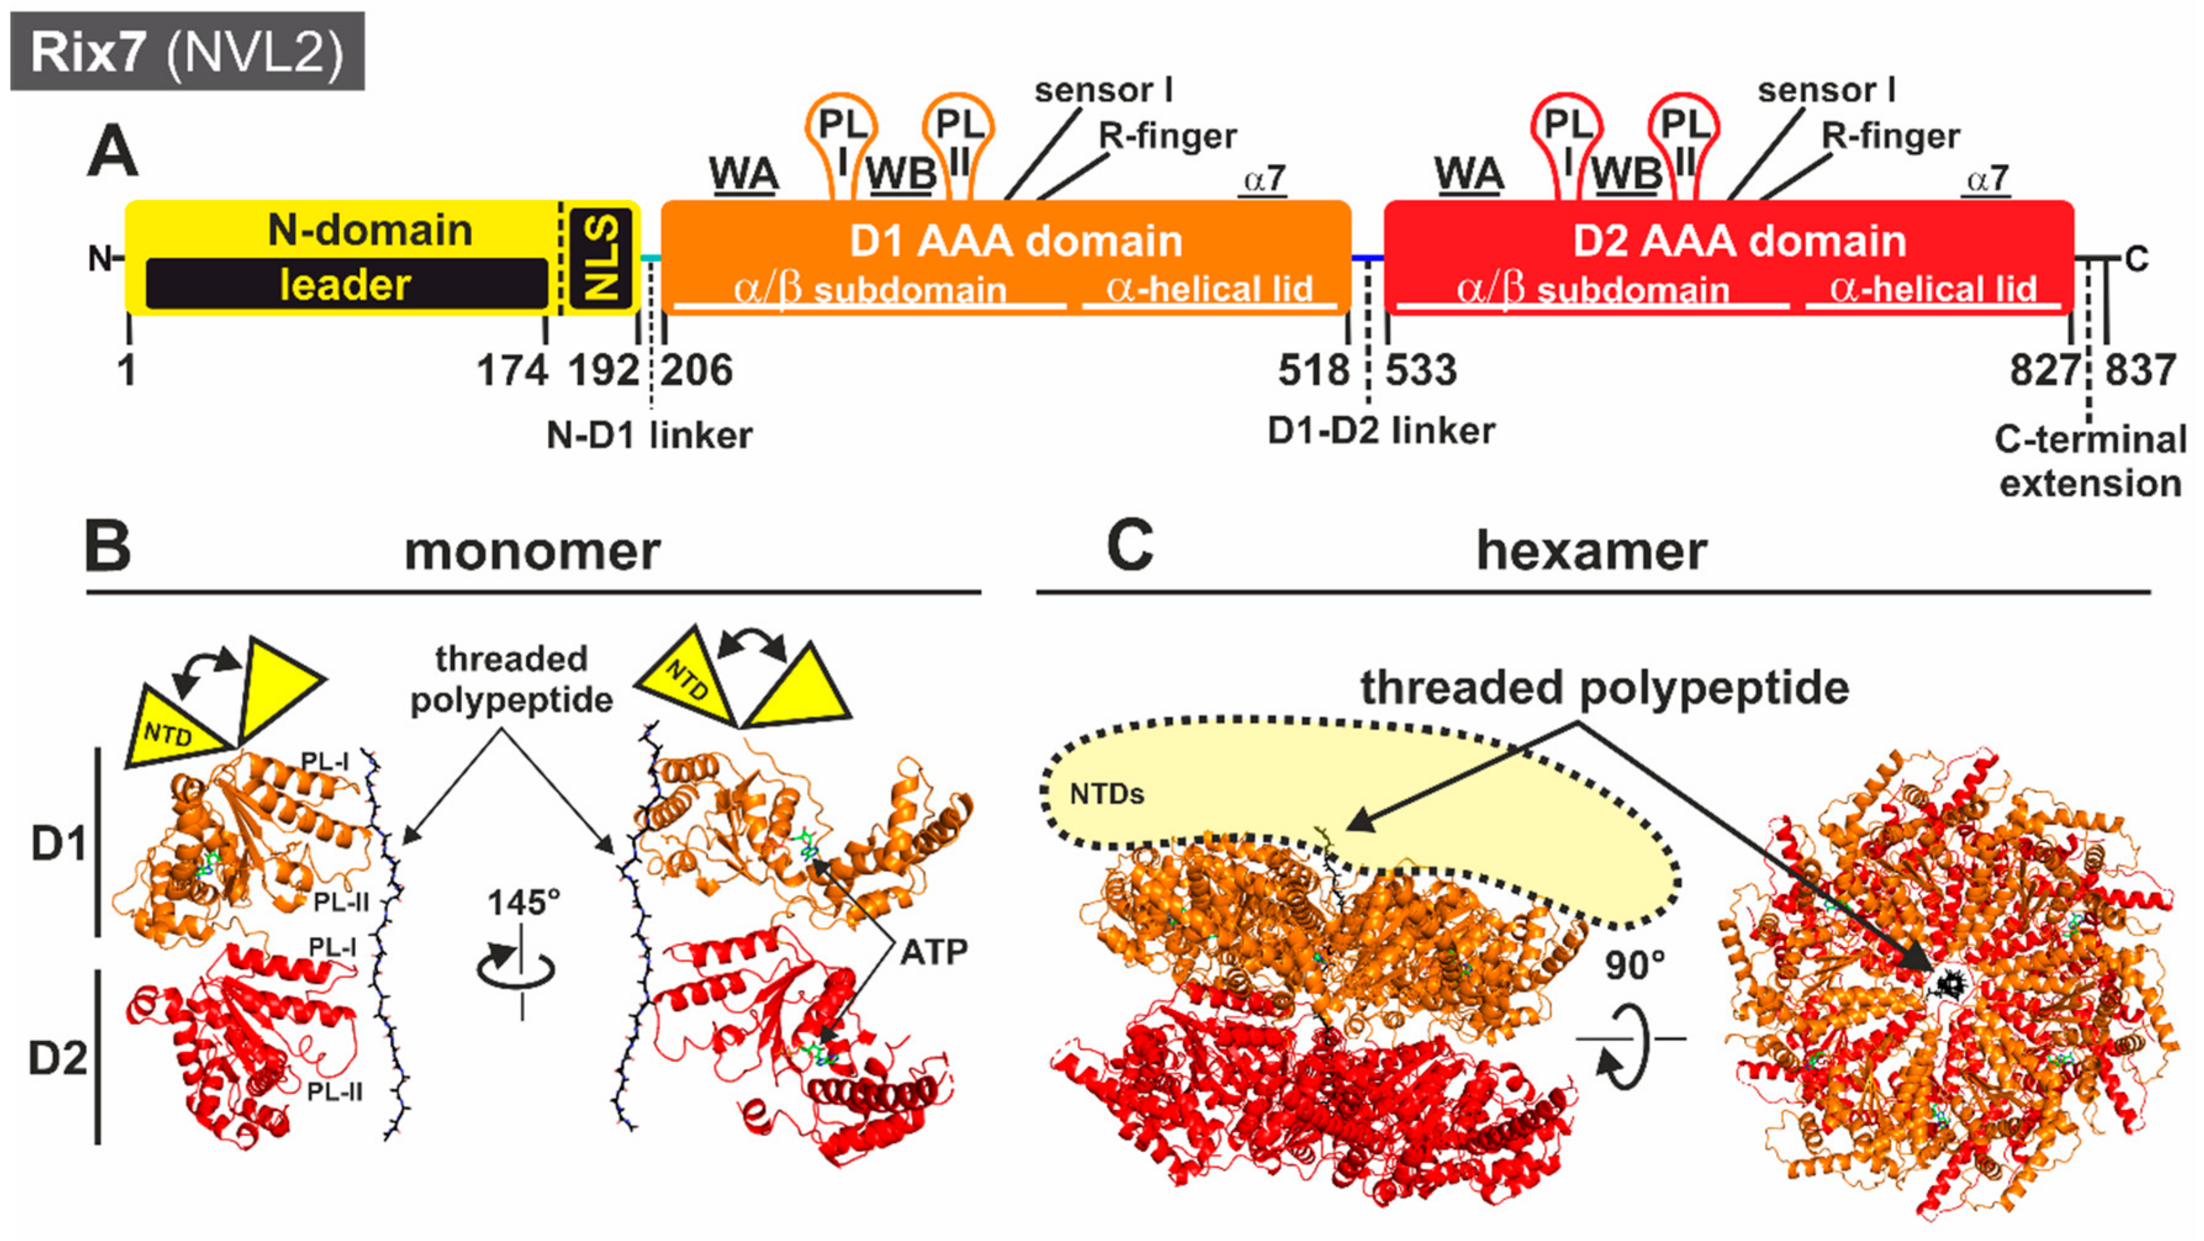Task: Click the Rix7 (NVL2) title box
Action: click(187, 51)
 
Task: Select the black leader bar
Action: click(347, 284)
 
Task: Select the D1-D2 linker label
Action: click(1381, 431)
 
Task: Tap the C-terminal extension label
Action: click(2090, 462)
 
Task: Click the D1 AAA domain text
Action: click(1016, 241)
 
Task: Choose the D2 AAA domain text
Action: click(1739, 241)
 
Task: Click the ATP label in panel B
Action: click(933, 952)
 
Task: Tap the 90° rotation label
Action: click(1634, 966)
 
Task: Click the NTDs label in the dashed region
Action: click(1106, 795)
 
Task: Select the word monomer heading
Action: click(532, 552)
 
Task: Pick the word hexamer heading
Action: click(1591, 552)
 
